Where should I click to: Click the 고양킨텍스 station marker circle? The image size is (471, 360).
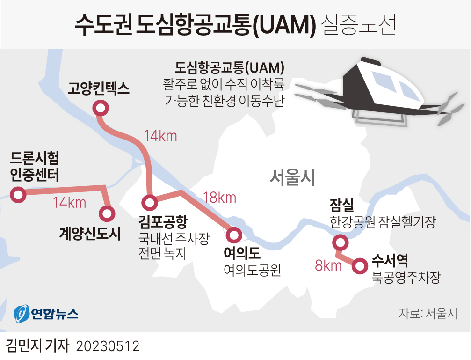click(x=101, y=109)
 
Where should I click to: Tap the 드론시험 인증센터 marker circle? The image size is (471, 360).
click(x=18, y=195)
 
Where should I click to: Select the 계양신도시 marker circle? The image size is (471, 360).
click(x=107, y=214)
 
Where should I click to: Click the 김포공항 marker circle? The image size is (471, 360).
click(x=150, y=203)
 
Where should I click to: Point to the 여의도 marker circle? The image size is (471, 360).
click(x=233, y=234)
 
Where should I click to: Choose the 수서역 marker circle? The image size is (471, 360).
click(x=360, y=265)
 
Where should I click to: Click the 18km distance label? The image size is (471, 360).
click(x=219, y=198)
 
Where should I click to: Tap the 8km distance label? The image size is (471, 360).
click(x=328, y=266)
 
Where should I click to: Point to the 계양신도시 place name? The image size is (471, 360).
click(x=90, y=234)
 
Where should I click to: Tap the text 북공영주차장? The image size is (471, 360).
click(x=406, y=278)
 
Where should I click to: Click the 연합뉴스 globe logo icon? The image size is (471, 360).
click(x=22, y=314)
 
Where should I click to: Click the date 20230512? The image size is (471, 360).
click(x=108, y=346)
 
